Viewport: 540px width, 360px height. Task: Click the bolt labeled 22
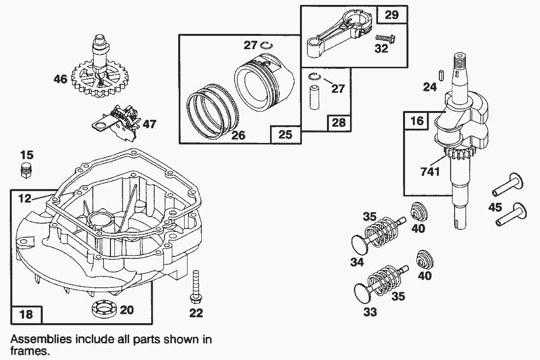click(196, 287)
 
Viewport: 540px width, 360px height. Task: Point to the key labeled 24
click(442, 76)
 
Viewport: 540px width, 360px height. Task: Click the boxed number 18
click(26, 314)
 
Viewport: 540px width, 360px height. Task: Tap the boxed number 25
click(285, 134)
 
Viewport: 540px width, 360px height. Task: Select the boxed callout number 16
click(416, 121)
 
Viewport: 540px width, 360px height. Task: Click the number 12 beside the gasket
click(25, 198)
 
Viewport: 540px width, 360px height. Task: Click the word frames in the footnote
click(30, 351)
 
